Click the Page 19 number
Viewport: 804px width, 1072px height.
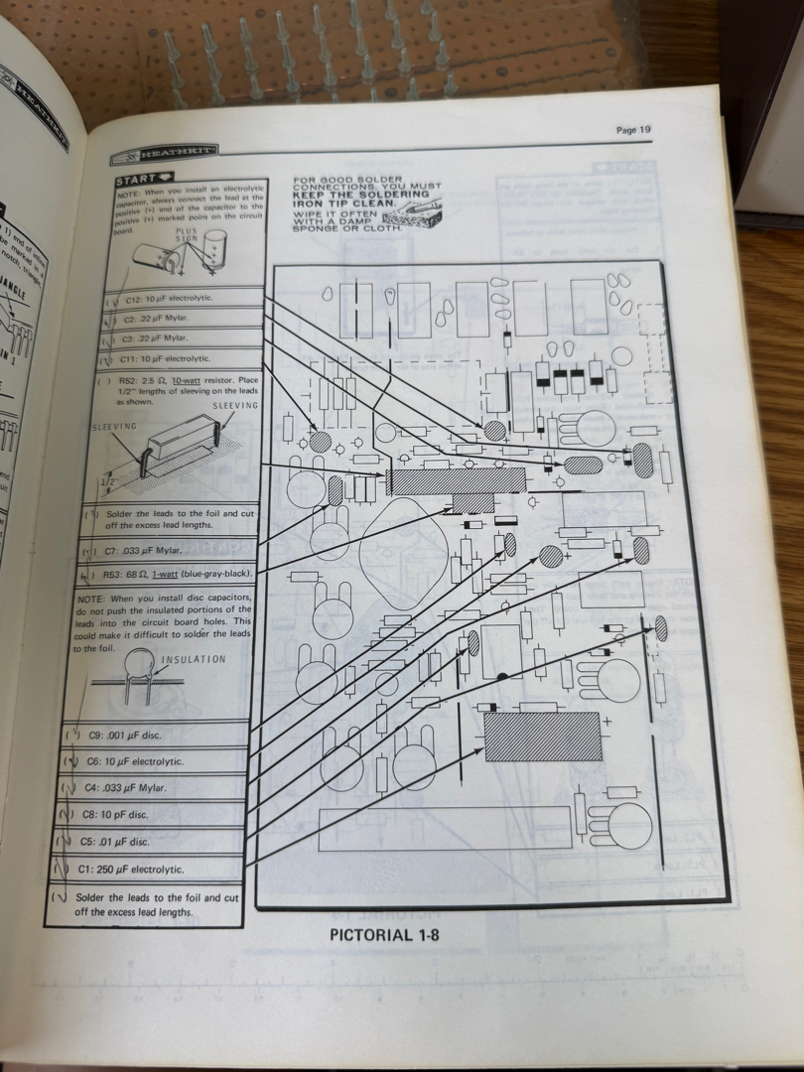[x=632, y=129]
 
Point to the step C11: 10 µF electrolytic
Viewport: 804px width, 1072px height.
[x=165, y=358]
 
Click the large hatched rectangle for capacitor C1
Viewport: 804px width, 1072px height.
[x=542, y=736]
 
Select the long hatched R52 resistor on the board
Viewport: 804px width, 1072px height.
[x=457, y=481]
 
